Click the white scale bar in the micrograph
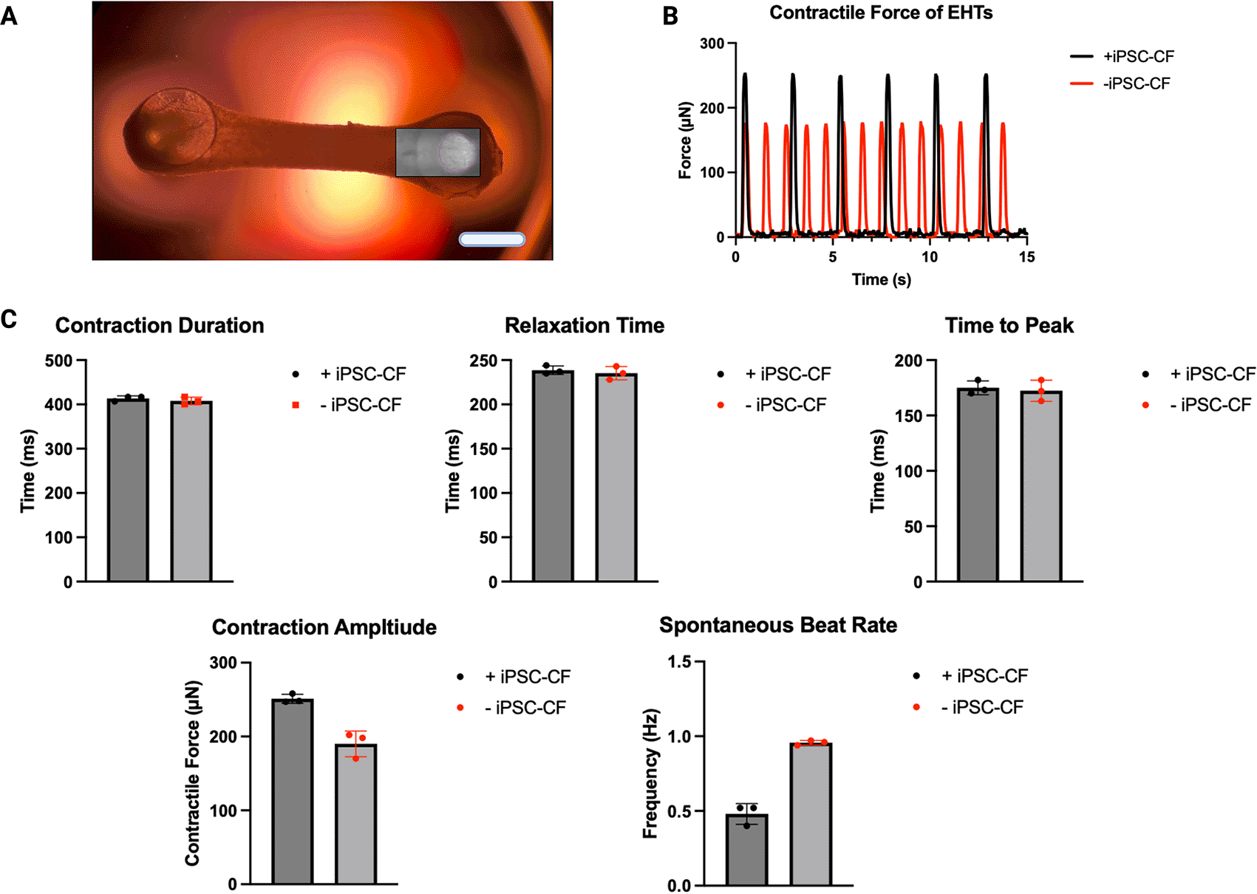coord(492,239)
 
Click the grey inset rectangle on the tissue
coord(437,153)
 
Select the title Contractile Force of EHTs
coord(881,13)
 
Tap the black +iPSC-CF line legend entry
coord(1122,57)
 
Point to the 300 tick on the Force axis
coord(713,44)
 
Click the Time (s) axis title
coord(881,279)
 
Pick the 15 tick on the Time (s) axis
coord(1026,257)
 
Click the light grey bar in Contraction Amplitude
coord(356,813)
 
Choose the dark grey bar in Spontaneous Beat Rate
coord(747,849)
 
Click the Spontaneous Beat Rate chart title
coord(778,625)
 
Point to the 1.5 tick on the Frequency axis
coord(680,662)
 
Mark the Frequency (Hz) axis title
coord(650,774)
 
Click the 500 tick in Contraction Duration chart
coord(58,361)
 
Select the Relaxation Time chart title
coord(585,326)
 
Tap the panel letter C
coord(10,319)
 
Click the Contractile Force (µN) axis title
coord(192,773)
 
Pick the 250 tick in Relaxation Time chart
coord(483,361)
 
